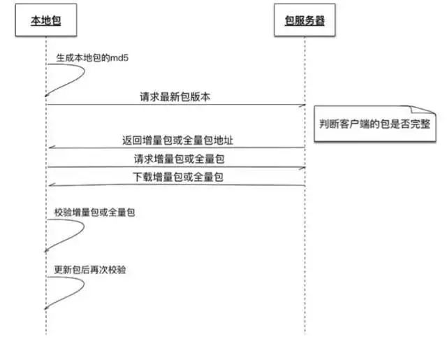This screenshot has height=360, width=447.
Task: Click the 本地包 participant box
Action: point(46,22)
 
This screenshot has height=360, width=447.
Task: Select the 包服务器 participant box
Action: point(305,22)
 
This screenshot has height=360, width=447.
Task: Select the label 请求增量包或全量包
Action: point(177,159)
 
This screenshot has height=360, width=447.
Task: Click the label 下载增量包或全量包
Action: point(177,178)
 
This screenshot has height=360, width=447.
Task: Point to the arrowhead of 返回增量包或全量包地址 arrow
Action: point(49,148)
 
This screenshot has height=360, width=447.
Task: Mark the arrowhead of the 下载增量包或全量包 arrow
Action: point(49,186)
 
